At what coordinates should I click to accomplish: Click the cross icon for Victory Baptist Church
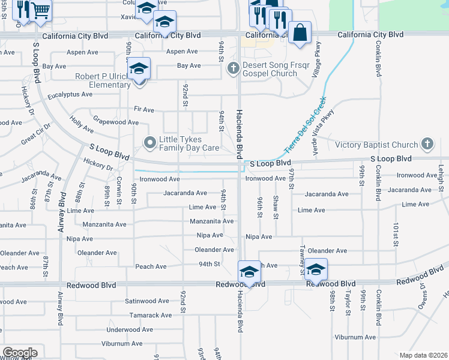click(x=427, y=144)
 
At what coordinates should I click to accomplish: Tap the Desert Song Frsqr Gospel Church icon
click(x=234, y=69)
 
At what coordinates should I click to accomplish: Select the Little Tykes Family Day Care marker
click(x=149, y=142)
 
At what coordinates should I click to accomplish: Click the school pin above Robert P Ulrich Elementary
click(x=139, y=68)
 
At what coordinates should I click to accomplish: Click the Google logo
click(x=20, y=352)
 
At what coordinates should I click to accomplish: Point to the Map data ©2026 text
click(x=423, y=355)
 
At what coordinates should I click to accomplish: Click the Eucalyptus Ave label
click(x=73, y=95)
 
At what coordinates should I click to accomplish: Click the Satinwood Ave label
click(x=147, y=301)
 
